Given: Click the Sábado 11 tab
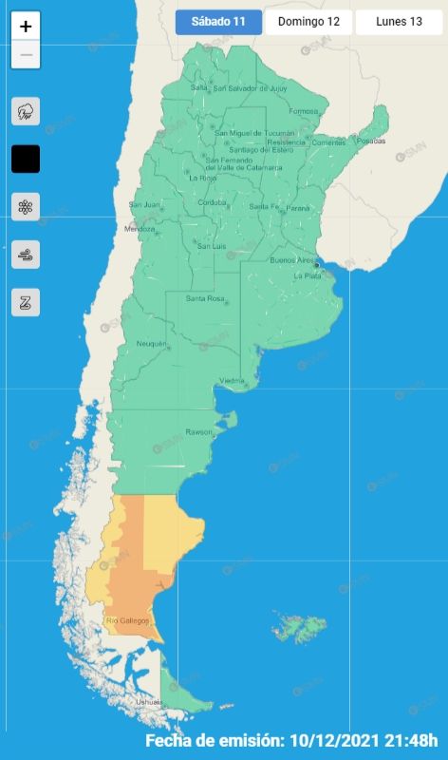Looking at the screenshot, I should pyautogui.click(x=218, y=22).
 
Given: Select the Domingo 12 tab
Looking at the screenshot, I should pyautogui.click(x=308, y=22).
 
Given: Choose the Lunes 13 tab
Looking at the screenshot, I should pyautogui.click(x=400, y=22).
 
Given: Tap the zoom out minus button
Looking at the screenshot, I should pyautogui.click(x=26, y=55).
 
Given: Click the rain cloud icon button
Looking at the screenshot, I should pyautogui.click(x=26, y=111).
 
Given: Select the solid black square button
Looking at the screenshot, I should pyautogui.click(x=26, y=159).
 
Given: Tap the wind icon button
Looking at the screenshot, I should pyautogui.click(x=26, y=254).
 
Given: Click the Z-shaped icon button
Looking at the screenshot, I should pyautogui.click(x=26, y=302).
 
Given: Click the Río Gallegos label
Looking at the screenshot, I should pyautogui.click(x=126, y=620).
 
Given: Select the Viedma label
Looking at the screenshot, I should pyautogui.click(x=233, y=381).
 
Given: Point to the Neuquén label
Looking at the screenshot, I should pyautogui.click(x=152, y=343).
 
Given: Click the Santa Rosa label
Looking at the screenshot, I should pyautogui.click(x=204, y=299).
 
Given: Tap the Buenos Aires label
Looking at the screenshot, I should pyautogui.click(x=292, y=259).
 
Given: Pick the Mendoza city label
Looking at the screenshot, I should pyautogui.click(x=140, y=229).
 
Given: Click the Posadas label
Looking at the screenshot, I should pyautogui.click(x=373, y=141).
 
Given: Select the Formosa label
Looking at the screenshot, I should pyautogui.click(x=304, y=111).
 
